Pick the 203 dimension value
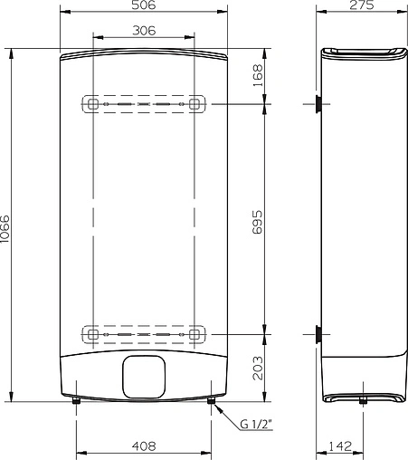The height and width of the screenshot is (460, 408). coord(258,367)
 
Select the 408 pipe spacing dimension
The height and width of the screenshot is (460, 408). coord(144,446)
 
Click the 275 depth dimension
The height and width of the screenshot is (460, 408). coord(362,6)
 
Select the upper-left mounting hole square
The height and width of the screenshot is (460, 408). coord(91,105)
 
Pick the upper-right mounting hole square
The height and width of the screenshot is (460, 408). coord(194,105)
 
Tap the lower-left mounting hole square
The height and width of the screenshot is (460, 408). coord(91,334)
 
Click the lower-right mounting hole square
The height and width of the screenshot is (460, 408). coord(194,334)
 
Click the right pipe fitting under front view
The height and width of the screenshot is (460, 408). coord(210,401)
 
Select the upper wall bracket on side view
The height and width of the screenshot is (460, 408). coord(319,105)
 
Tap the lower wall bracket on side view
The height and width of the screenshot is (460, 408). coord(319,334)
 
